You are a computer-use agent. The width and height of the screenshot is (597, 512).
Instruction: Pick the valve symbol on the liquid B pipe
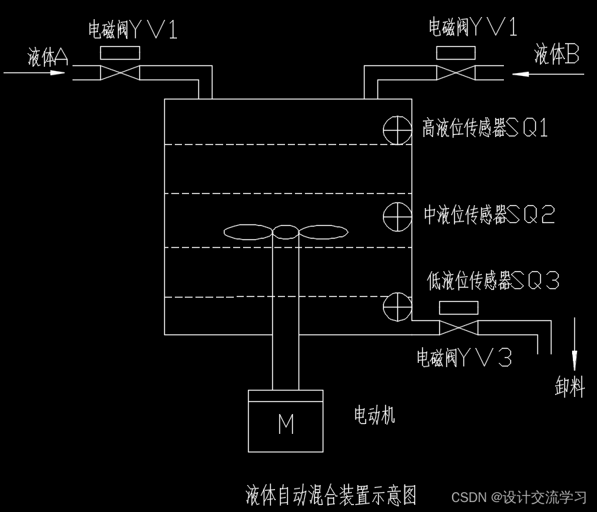(455, 73)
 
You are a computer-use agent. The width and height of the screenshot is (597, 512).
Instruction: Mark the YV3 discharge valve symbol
(459, 328)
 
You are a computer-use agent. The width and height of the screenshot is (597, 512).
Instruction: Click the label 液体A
(48, 57)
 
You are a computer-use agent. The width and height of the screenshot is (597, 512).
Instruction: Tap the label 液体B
(557, 55)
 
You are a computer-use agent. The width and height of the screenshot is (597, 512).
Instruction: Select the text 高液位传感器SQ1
(485, 128)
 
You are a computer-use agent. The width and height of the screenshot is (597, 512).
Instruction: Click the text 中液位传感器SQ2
(489, 214)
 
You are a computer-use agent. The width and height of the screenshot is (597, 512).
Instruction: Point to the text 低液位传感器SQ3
(493, 280)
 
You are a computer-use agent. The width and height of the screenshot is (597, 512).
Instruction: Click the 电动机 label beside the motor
(374, 415)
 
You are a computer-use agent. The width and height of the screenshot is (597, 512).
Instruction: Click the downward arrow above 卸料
(574, 342)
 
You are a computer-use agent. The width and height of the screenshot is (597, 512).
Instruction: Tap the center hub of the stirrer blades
(285, 232)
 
